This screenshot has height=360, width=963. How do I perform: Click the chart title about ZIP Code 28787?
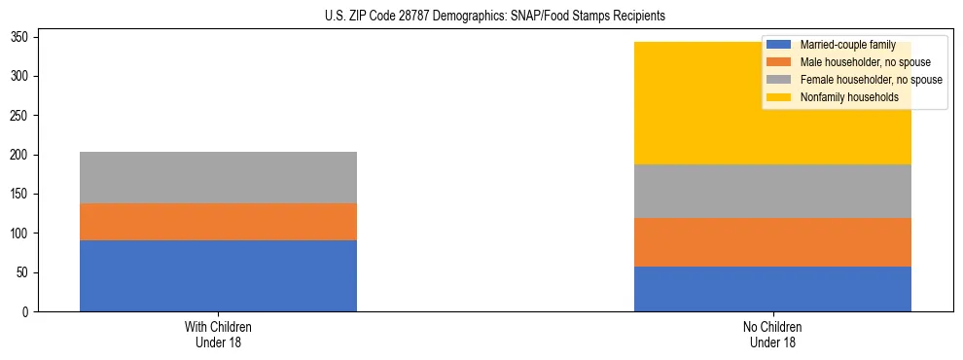(x=481, y=17)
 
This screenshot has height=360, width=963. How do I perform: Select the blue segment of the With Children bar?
(x=218, y=276)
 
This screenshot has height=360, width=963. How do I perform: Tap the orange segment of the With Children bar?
(x=218, y=222)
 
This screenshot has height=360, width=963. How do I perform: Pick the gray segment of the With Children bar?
(x=218, y=177)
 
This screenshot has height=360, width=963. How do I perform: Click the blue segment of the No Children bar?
(x=772, y=289)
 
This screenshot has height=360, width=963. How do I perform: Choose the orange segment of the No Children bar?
(x=772, y=242)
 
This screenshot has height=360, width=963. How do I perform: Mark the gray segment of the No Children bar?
(x=772, y=192)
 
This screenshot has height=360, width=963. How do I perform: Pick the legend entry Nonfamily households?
(x=842, y=97)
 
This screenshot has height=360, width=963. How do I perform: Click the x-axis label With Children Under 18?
(x=218, y=334)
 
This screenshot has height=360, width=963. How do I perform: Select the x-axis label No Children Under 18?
(x=772, y=334)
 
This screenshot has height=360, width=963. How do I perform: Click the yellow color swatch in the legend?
(x=779, y=97)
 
